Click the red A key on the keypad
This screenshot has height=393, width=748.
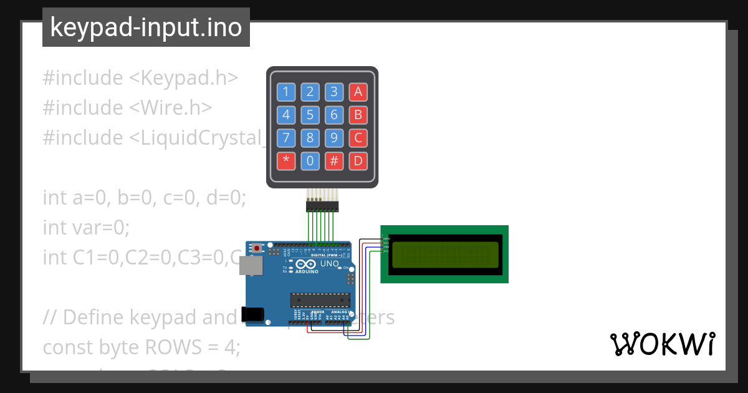358,92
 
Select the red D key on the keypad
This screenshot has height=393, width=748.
358,161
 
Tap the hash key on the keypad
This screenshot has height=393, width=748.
334,161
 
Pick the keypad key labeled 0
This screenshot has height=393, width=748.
310,161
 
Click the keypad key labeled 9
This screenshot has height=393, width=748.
334,138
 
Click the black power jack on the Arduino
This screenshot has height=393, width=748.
254,314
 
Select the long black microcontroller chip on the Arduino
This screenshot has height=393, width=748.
320,299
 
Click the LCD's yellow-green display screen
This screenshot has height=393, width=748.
445,255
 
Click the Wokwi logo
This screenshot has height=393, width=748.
662,344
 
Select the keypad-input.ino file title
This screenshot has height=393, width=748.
146,27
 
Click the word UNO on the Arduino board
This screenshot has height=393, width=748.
329,264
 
